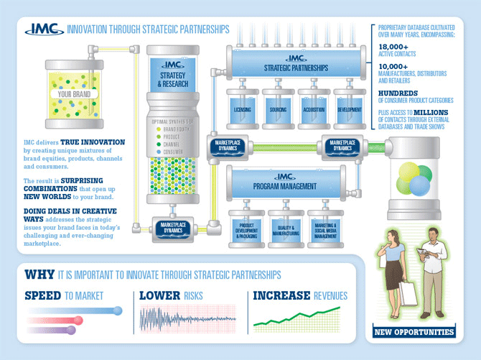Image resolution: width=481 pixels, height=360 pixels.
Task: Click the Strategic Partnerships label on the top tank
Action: click(x=296, y=68)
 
